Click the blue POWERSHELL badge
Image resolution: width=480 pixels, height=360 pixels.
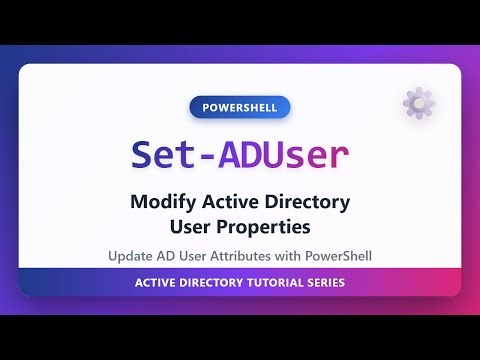239,107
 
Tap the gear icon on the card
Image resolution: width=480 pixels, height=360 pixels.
417,103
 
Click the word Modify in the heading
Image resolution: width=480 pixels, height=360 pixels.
162,203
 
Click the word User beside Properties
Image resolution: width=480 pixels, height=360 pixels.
196,228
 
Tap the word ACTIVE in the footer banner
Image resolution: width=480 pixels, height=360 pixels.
155,283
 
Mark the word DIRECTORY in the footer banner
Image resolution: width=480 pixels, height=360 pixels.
211,283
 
